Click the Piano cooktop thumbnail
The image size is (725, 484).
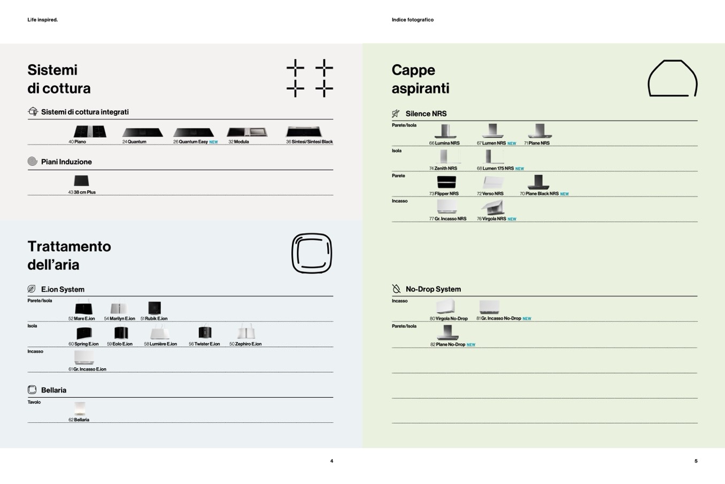(90, 131)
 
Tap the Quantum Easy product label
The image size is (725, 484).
(193, 142)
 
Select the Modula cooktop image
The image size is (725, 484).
(247, 132)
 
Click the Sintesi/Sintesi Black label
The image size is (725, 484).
(312, 142)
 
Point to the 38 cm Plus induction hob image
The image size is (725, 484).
(81, 180)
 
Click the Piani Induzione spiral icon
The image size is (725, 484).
(33, 161)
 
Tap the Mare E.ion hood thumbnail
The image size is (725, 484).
(83, 307)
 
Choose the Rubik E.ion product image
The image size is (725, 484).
(155, 308)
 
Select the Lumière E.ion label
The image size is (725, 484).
(163, 344)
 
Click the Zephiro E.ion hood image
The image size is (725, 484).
(246, 331)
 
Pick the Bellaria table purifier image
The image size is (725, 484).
(80, 409)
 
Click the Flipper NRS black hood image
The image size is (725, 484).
(446, 182)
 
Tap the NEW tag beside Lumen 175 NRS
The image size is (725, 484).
(520, 169)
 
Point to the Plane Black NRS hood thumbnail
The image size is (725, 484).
(538, 182)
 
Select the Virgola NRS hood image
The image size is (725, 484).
(492, 208)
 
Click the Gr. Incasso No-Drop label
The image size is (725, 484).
(501, 319)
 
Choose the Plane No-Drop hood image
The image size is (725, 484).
(448, 332)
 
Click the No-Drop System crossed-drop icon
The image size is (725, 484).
(396, 289)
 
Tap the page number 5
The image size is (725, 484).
(696, 461)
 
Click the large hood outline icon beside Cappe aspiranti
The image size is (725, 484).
(673, 78)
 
